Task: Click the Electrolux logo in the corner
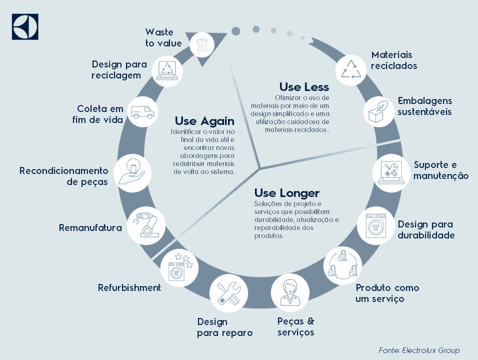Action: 25,26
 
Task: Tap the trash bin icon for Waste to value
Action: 202,44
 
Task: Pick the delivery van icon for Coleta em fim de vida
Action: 142,112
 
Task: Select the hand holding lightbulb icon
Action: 131,170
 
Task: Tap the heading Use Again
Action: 204,121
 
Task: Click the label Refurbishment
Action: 129,287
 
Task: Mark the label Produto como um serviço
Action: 387,293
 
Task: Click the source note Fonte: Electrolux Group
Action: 419,350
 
